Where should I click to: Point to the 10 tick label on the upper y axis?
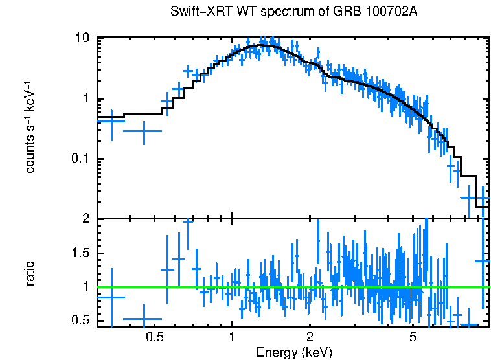[82, 38]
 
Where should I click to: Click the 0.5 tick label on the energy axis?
[154, 337]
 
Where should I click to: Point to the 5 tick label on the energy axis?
[413, 337]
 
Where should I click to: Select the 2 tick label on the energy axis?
[310, 337]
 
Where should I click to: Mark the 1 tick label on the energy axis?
[232, 337]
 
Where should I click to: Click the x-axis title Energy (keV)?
[294, 352]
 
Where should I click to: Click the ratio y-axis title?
[30, 273]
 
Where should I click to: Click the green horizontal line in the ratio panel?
[291, 286]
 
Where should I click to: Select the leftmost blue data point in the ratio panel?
[111, 297]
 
